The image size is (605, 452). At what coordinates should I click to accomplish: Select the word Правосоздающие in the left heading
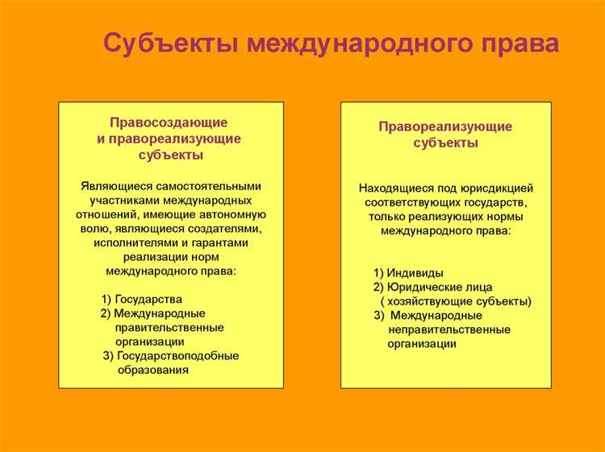(169, 122)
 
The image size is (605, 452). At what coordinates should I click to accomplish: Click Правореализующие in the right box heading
(445, 126)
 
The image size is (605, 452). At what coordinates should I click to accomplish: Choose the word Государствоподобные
(177, 355)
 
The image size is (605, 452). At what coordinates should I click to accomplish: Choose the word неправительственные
(449, 330)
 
